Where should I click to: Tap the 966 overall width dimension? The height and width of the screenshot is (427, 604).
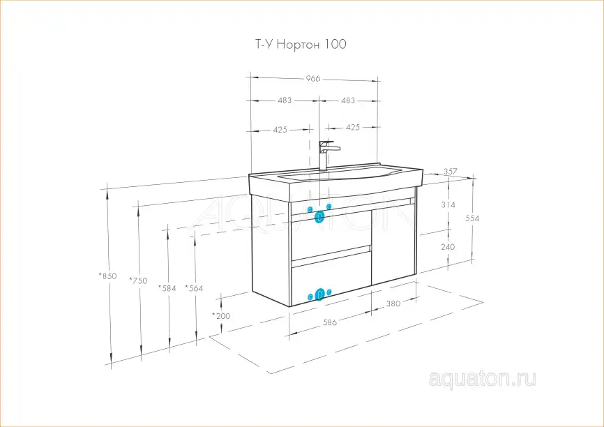[313, 79]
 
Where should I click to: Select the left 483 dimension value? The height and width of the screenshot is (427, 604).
[285, 100]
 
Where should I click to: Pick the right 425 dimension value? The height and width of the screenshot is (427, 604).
[353, 127]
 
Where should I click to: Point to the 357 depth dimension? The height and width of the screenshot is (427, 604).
[451, 171]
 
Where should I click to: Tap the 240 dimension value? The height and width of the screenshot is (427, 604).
[448, 247]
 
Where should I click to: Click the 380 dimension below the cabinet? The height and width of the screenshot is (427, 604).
[393, 304]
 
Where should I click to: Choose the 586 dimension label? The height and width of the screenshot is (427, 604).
[330, 322]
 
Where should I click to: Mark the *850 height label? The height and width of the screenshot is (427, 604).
[107, 276]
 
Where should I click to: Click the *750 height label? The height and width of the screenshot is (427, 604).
[139, 280]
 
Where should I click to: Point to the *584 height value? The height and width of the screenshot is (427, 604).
[167, 287]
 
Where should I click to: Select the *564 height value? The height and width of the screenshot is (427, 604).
[194, 287]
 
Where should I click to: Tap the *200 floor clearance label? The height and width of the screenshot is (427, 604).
[221, 316]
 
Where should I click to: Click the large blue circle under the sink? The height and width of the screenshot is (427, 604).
[319, 217]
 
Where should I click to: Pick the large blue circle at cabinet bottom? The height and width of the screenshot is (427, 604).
[320, 294]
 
